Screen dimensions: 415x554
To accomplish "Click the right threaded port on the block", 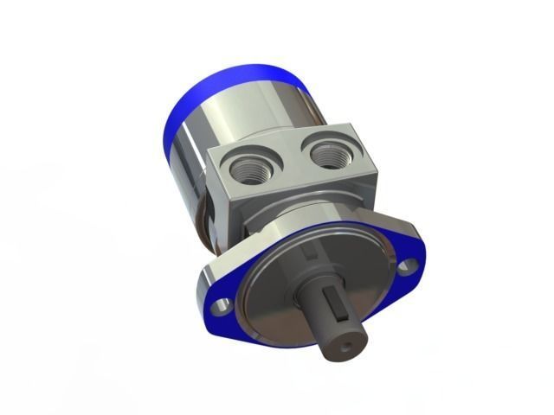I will click(x=330, y=156).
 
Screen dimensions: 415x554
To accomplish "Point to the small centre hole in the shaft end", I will click(x=349, y=346).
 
